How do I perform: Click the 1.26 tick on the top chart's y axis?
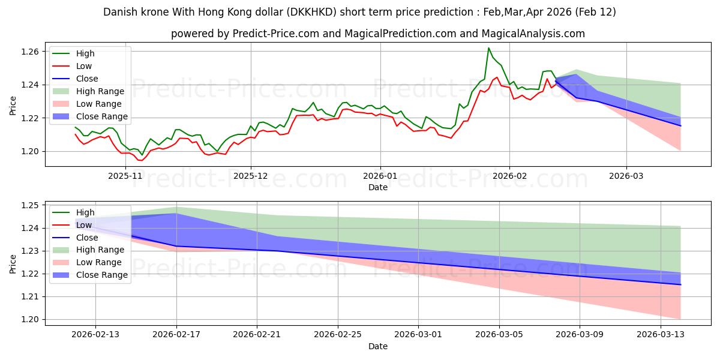30,52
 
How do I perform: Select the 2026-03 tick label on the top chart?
626,176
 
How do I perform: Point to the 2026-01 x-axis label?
380,176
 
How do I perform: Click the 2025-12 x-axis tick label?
251,176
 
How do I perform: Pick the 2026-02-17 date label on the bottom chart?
176,335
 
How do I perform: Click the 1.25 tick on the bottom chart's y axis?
30,205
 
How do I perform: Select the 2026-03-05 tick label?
499,335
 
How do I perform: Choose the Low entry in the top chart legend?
84,66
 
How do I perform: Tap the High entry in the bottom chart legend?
85,212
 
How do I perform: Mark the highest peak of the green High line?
488,48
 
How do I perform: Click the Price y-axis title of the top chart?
13,106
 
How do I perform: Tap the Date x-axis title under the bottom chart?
378,346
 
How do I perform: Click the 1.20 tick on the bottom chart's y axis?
30,319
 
